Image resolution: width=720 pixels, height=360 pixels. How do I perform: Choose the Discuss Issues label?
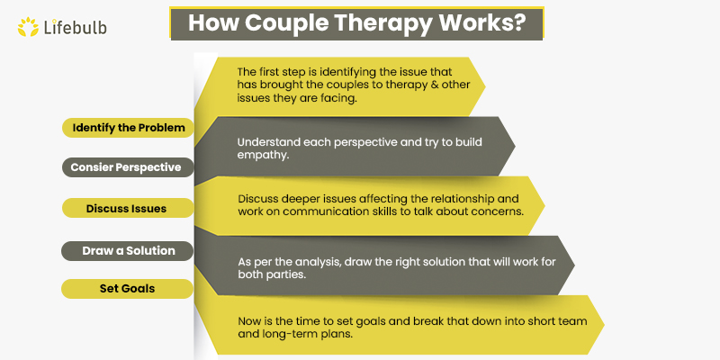[x=127, y=208]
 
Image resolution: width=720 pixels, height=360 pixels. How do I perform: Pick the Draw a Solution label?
[x=127, y=249]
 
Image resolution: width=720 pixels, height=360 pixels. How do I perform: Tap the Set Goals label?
[x=127, y=289]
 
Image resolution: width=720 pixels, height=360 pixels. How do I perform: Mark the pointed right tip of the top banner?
[x=485, y=86]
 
